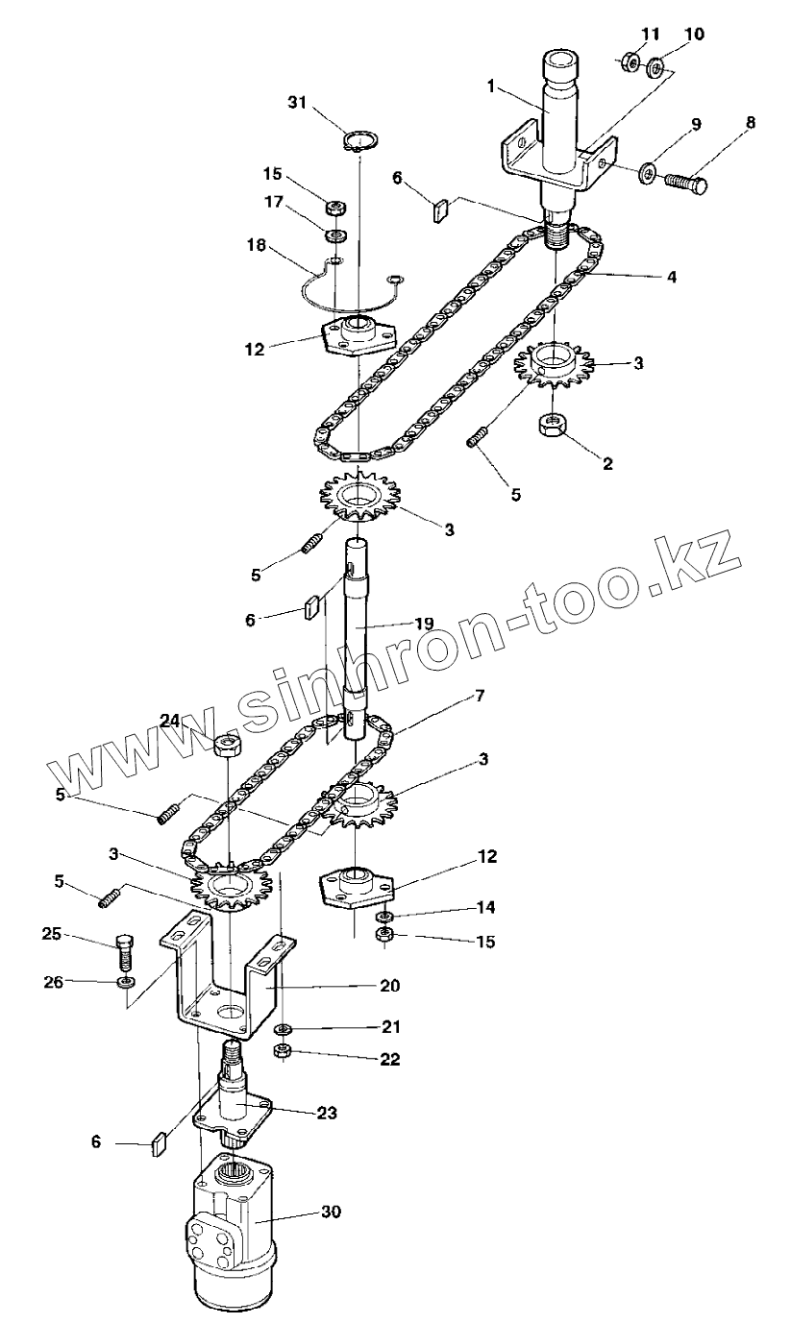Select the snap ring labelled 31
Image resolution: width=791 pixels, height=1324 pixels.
358,142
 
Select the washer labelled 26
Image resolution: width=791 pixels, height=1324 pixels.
126,983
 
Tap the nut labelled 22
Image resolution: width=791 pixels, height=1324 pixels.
284,1052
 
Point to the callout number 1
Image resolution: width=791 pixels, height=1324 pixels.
490,86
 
